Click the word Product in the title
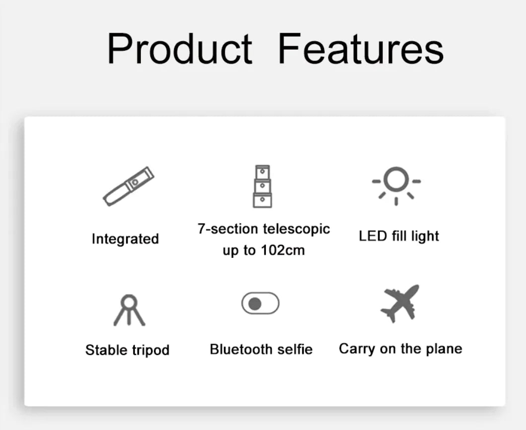click(179, 49)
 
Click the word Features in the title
click(360, 49)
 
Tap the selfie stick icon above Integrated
click(129, 186)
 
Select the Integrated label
click(125, 239)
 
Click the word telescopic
click(296, 229)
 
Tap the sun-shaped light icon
click(396, 183)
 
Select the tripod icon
click(129, 310)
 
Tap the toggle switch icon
click(261, 303)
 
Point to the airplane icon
click(399, 303)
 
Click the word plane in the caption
click(444, 349)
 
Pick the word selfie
click(295, 349)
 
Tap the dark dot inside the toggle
click(255, 303)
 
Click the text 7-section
click(228, 229)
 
